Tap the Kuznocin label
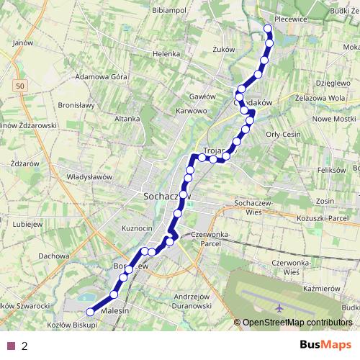pos(138,228)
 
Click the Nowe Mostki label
pos(336,118)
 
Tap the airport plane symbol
pos(279,307)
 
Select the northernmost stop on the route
pos(268,29)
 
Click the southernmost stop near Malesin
pos(90,312)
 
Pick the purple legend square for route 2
pos(11,346)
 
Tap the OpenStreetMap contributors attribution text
pos(297,323)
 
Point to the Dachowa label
pos(54,256)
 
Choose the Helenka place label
pos(165,53)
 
